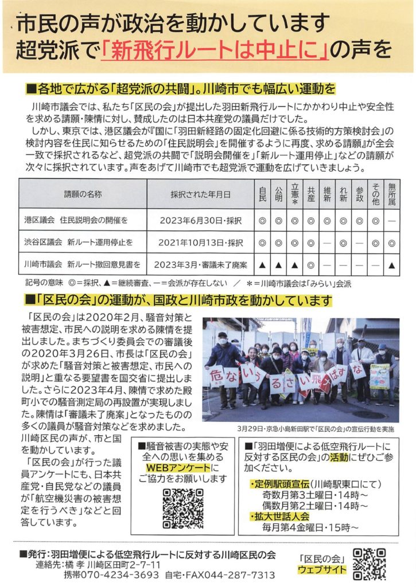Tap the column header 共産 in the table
[x=311, y=193]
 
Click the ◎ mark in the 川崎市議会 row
[x=311, y=265]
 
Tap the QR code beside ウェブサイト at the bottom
[x=369, y=564]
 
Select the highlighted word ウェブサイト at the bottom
[x=322, y=570]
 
